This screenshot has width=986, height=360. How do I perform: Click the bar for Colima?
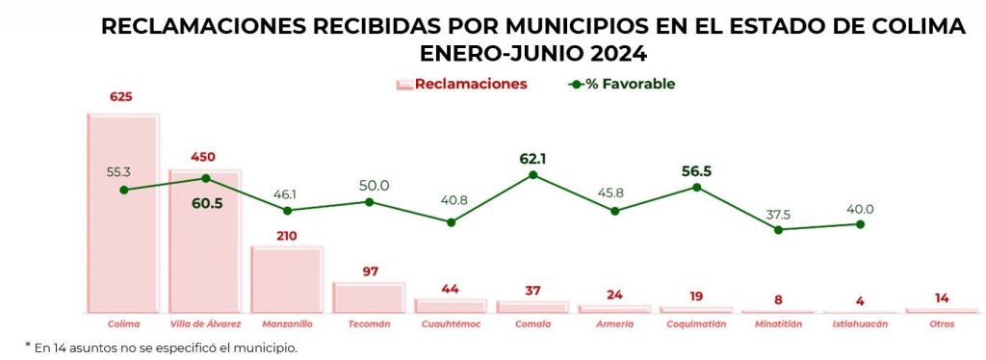(x=123, y=213)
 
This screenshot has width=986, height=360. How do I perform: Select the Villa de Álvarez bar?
(x=205, y=242)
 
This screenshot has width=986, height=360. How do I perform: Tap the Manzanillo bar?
(x=287, y=279)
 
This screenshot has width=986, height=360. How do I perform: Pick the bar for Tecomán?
(x=369, y=297)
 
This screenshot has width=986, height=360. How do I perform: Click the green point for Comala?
(x=532, y=174)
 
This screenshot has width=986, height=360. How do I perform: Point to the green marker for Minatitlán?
(x=778, y=230)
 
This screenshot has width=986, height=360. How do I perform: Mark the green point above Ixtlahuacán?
(x=860, y=224)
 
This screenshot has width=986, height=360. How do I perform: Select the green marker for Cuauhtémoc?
(x=451, y=222)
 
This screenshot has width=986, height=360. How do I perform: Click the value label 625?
(x=122, y=97)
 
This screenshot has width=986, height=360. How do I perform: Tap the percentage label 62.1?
(x=532, y=159)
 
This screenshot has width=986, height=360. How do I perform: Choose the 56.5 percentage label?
(x=697, y=171)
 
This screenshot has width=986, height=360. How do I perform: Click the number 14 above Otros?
(x=942, y=298)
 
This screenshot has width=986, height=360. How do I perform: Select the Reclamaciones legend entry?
(x=461, y=84)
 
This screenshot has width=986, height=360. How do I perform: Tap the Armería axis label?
(x=614, y=324)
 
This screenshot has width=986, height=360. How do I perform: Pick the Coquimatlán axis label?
(x=697, y=324)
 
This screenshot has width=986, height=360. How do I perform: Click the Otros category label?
(x=942, y=324)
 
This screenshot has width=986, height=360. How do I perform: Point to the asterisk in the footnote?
(x=28, y=345)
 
